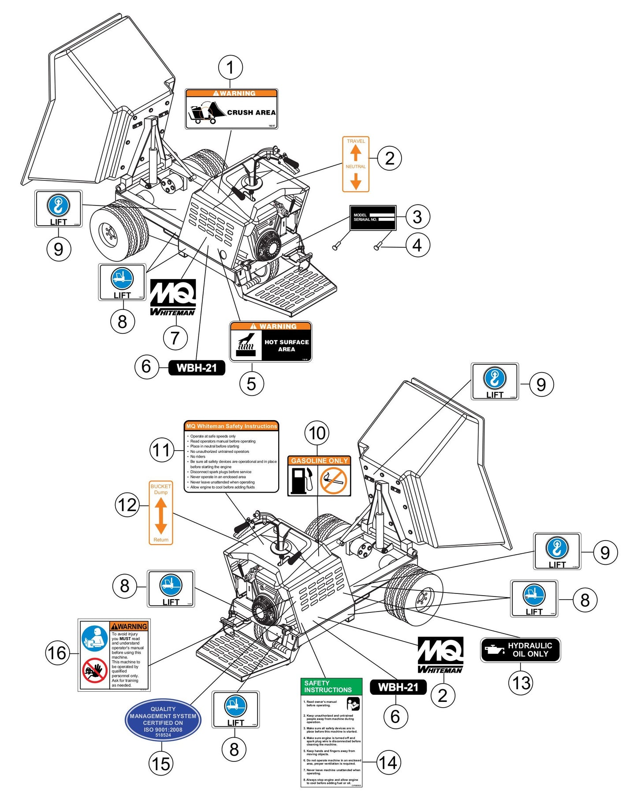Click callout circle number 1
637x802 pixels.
pos(230,68)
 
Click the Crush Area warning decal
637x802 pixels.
pos(231,109)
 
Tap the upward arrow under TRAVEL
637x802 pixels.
pos(356,153)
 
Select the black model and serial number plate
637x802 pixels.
pos(373,217)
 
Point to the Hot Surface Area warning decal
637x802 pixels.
pos(271,342)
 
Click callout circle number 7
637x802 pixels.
pos(175,338)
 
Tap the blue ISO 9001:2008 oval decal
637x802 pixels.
pos(163,719)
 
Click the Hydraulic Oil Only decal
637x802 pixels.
pos(520,650)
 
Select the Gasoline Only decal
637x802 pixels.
pos(319,476)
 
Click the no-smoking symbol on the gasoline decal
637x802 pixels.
pos(333,481)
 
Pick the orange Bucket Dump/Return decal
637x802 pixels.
pos(161,513)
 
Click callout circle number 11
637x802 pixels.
pos(162,450)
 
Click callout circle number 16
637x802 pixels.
pos(58,653)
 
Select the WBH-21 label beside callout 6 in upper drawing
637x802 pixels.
pos(197,368)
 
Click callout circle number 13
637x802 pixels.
pos(521,683)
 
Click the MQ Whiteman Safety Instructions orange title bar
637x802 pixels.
pos(231,426)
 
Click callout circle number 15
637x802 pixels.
pos(161,763)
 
